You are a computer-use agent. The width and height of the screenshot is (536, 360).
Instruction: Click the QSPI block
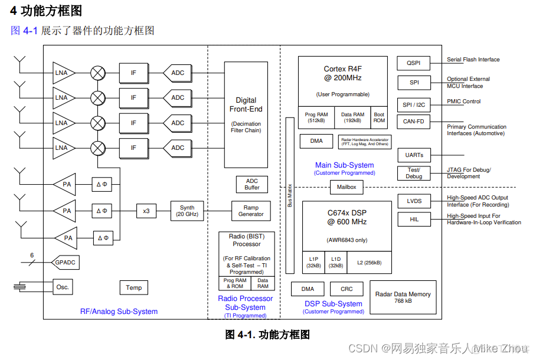413,63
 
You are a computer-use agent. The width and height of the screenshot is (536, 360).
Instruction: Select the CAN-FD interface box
413,122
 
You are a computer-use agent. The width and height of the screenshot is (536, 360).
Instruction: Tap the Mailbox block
347,188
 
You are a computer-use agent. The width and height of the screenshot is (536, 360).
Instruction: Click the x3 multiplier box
146,211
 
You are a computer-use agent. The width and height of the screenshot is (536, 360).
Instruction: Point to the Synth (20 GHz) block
187,211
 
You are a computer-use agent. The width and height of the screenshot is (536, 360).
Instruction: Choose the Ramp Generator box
251,211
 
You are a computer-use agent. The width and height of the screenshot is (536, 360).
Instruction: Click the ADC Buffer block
252,184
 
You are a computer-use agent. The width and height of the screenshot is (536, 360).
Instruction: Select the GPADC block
66,261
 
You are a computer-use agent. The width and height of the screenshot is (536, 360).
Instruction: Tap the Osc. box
63,287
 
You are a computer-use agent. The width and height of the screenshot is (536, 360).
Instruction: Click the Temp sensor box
134,287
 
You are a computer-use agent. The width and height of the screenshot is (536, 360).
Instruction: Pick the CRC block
347,289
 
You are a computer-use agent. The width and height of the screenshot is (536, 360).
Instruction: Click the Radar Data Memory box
403,297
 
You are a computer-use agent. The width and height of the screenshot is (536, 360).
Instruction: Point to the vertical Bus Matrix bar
290,195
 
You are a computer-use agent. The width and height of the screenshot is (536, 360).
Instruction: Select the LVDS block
414,201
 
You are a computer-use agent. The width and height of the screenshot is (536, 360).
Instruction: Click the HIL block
414,220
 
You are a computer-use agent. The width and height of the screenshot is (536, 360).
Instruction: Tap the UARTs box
414,155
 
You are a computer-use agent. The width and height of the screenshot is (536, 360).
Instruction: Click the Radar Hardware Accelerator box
364,141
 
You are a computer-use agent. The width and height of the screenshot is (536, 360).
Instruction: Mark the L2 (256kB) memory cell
369,263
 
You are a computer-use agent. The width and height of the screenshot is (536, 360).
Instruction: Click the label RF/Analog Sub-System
119,312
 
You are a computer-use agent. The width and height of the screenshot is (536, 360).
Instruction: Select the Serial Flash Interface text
473,60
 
